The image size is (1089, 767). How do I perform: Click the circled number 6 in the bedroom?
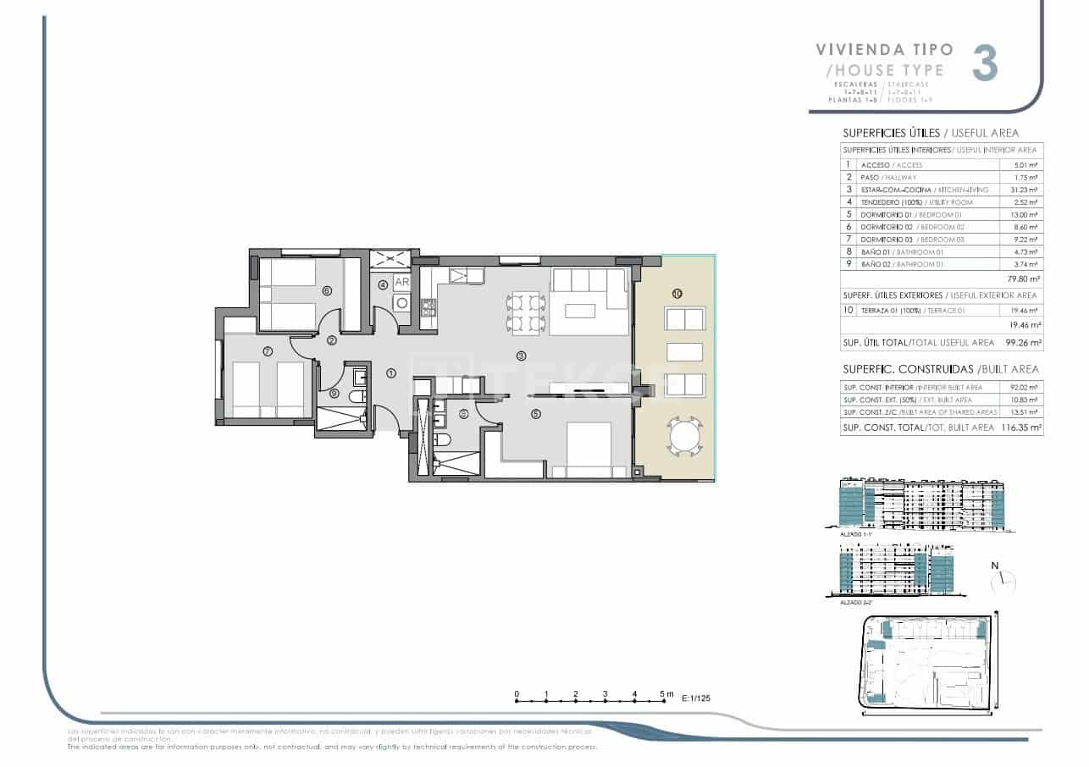tap(326, 290)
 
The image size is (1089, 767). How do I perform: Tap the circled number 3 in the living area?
tap(522, 356)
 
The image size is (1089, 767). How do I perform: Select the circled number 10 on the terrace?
tap(677, 293)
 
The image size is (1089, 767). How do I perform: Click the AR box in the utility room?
tap(401, 284)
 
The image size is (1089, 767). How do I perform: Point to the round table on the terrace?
tap(684, 437)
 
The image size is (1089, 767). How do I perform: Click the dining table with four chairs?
tap(525, 312)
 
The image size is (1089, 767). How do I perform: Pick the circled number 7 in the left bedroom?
tap(267, 350)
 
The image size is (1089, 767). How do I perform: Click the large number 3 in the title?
tap(984, 63)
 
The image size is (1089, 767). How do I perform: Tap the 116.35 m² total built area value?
tap(1021, 428)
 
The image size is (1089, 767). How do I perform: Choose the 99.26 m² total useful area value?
tap(1023, 343)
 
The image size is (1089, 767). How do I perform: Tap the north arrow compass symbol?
tap(1003, 581)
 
